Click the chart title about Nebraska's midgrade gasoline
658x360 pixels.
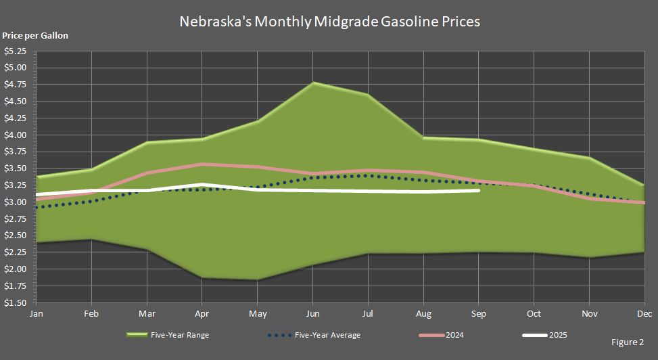[329, 22]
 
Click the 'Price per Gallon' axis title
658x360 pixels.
[35, 35]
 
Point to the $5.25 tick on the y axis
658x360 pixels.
[15, 51]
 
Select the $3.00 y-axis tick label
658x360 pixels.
[15, 202]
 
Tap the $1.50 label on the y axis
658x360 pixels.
[15, 303]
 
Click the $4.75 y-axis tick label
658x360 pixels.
[15, 85]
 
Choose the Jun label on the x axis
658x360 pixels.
[312, 315]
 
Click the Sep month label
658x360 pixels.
[479, 315]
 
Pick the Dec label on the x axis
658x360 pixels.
[644, 315]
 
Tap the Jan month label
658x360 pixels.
[37, 315]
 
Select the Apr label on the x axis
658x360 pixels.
[202, 315]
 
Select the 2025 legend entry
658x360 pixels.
[545, 335]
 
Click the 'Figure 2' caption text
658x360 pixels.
[627, 342]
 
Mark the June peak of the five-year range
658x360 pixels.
[312, 83]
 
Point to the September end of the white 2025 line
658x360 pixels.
[479, 191]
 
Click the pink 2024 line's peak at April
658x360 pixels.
[202, 164]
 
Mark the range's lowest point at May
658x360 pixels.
[257, 279]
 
